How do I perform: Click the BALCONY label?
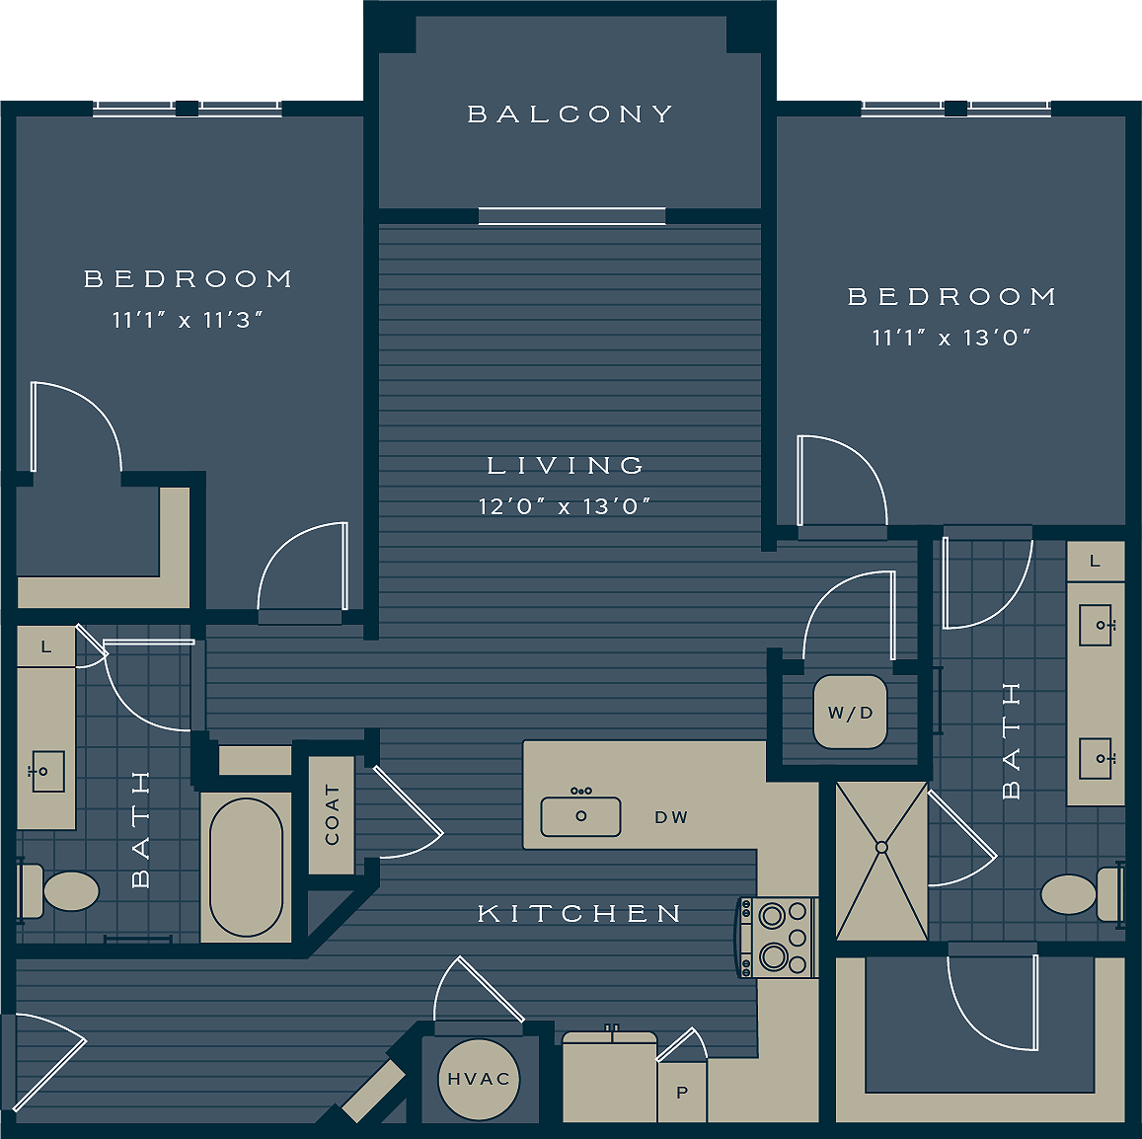[x=571, y=114]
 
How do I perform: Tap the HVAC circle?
[x=479, y=1079]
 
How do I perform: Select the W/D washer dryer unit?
[x=850, y=713]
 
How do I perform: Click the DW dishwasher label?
[x=671, y=817]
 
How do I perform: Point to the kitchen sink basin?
[x=580, y=816]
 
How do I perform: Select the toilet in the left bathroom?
[x=65, y=890]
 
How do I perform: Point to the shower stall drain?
[x=881, y=847]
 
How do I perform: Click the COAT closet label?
[x=332, y=815]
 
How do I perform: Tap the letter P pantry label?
[x=682, y=1094]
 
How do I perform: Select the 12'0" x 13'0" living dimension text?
[x=565, y=506]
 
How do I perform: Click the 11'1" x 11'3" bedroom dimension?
[x=188, y=320]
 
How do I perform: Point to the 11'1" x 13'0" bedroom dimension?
[x=952, y=338]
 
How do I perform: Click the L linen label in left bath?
[x=46, y=647]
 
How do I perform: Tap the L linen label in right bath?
[x=1095, y=561]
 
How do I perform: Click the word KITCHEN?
[x=580, y=914]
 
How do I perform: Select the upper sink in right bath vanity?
[x=1096, y=625]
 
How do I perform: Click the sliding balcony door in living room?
[x=572, y=216]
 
